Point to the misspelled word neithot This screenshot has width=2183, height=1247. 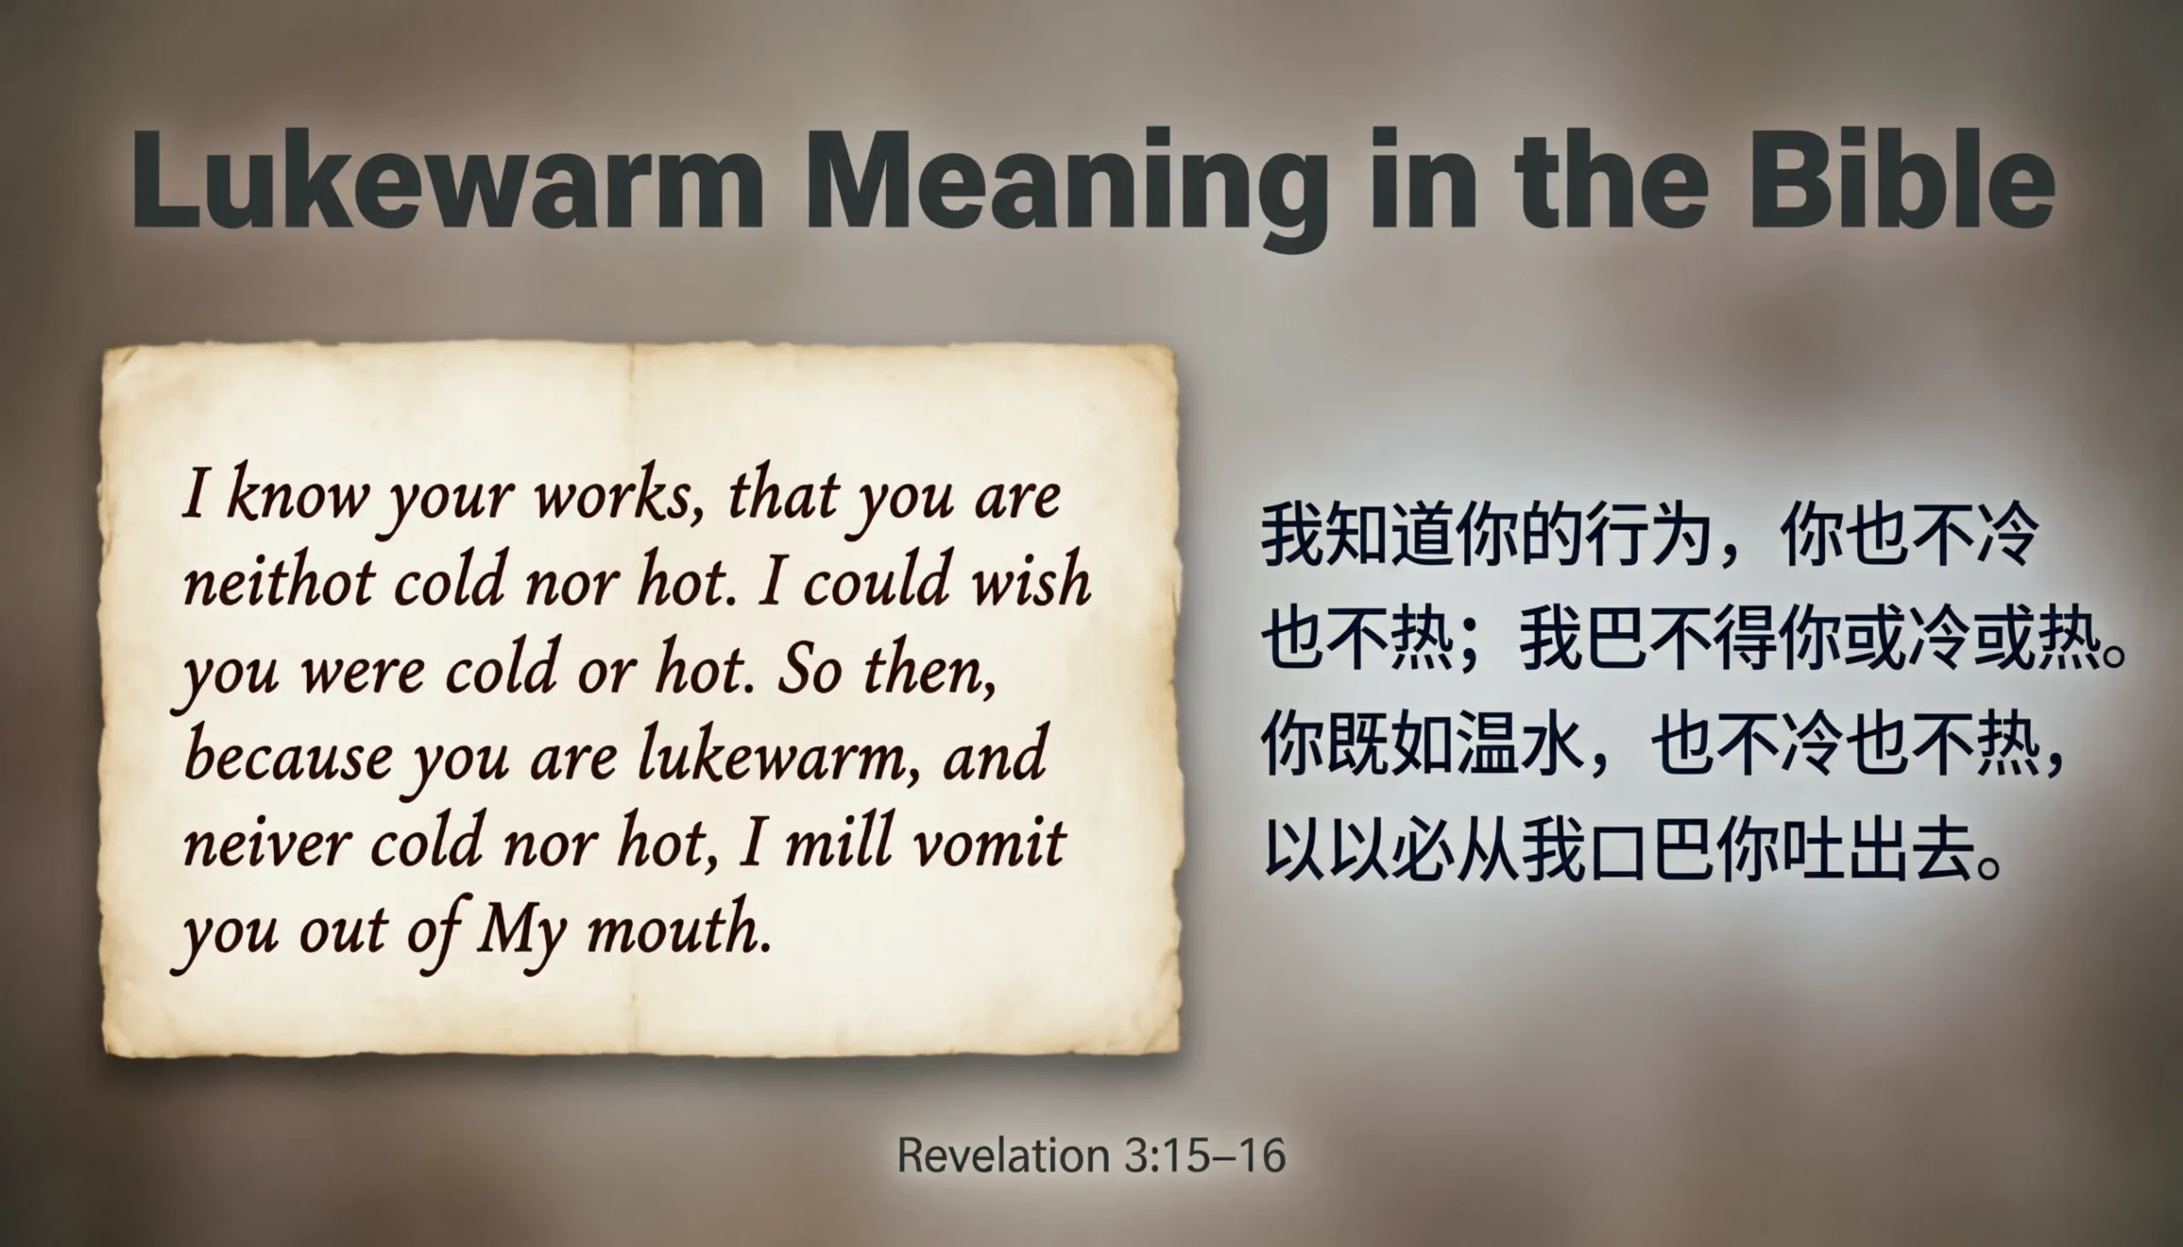coord(279,582)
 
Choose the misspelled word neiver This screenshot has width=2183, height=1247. coord(266,843)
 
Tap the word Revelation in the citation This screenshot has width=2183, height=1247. coord(1002,1155)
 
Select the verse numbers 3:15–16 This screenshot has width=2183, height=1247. coord(1205,1155)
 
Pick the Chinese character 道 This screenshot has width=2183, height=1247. coord(1422,534)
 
